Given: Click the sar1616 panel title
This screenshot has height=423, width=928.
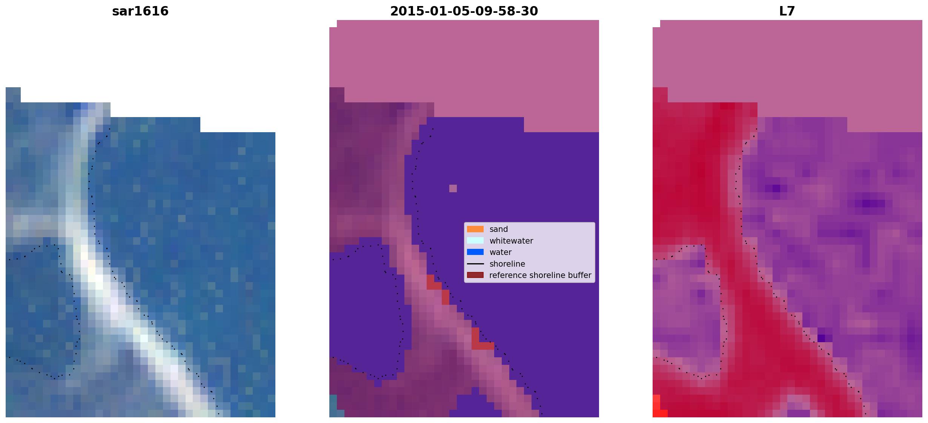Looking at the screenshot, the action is [x=140, y=11].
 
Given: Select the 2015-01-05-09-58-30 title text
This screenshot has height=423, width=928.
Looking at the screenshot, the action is [x=464, y=11].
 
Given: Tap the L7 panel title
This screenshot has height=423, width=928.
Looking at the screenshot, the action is [x=787, y=11].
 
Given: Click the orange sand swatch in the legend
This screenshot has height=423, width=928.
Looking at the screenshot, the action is [x=475, y=229].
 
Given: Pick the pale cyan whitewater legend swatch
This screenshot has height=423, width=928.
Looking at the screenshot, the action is [x=475, y=241].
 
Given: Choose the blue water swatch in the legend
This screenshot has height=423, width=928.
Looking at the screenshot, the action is [x=475, y=252].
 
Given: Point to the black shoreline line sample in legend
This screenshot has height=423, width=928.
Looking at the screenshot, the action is [x=475, y=264].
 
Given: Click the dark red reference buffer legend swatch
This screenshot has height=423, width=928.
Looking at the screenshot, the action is [x=475, y=275].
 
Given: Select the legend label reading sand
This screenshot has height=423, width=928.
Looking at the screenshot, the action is [x=499, y=229].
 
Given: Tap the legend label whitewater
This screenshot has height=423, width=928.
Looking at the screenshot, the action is [x=511, y=241].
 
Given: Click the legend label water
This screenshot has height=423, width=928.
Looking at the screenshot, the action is [x=501, y=252].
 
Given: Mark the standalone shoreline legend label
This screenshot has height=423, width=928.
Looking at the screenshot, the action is [x=507, y=264].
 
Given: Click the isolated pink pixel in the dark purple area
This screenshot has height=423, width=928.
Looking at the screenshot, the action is [x=453, y=188].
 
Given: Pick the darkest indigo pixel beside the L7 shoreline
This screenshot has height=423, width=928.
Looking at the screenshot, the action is [x=821, y=338].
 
